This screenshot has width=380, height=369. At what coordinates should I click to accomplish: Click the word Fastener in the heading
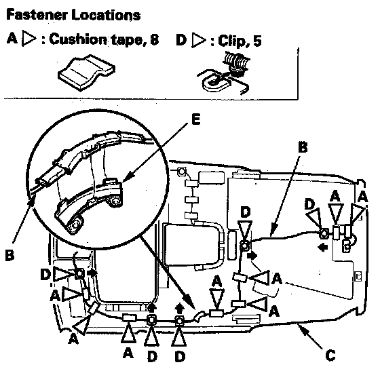click(x=37, y=15)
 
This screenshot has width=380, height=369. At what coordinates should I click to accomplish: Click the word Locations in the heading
click(x=106, y=15)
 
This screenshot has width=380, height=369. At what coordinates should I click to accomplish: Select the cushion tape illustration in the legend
click(x=87, y=72)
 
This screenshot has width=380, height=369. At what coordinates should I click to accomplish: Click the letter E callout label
click(x=195, y=119)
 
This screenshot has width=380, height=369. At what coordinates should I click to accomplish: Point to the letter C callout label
click(x=330, y=355)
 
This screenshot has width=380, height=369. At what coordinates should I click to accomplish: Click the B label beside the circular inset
click(x=9, y=255)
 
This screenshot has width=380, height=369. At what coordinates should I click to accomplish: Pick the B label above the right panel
click(x=303, y=147)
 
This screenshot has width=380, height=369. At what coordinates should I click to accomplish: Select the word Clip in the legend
click(x=232, y=41)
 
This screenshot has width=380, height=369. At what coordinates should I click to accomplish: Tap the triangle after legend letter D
click(x=199, y=40)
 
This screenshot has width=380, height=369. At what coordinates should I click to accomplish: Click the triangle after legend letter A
click(x=28, y=38)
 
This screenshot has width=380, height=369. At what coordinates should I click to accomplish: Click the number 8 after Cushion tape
click(x=154, y=39)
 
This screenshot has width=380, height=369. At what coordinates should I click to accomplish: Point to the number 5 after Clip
click(x=257, y=41)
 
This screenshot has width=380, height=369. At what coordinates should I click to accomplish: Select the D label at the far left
click(x=45, y=274)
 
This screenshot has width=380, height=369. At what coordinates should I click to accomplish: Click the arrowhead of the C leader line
click(x=301, y=328)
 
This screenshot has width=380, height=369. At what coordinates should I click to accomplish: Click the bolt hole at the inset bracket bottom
click(x=76, y=225)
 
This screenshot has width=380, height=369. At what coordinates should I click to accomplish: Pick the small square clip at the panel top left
click(x=182, y=172)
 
